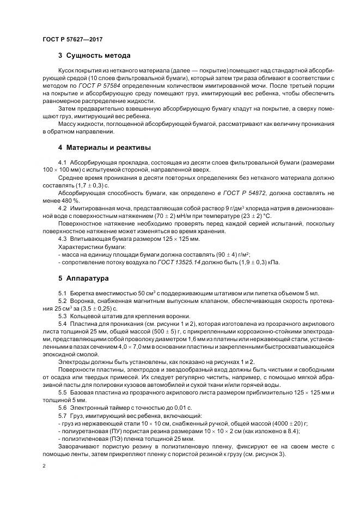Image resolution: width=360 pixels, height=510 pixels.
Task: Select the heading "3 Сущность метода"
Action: (x=94, y=56)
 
